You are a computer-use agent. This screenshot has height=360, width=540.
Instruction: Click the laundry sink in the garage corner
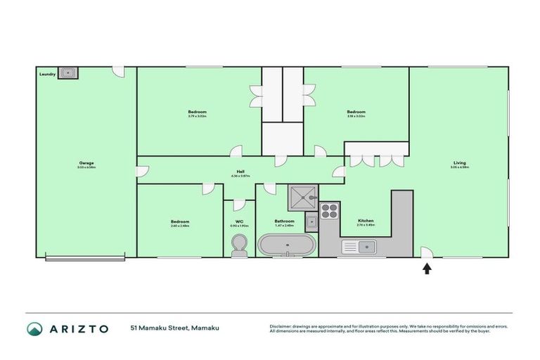click(68, 72)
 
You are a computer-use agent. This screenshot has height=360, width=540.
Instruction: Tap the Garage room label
click(86, 164)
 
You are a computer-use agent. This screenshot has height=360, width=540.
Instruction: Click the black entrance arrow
click(427, 267)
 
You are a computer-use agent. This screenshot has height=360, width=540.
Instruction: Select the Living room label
click(459, 164)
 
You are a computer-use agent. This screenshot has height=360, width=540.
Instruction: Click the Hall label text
click(240, 171)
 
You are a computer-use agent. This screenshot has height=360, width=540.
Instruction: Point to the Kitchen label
click(365, 221)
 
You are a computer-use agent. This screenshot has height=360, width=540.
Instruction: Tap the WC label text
click(239, 221)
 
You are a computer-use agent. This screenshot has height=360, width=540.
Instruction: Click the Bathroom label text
click(284, 221)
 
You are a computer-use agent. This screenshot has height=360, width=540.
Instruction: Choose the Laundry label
click(47, 72)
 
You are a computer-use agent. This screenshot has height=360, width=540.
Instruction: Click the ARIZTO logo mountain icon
click(35, 328)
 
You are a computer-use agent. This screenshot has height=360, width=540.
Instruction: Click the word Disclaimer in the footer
click(281, 326)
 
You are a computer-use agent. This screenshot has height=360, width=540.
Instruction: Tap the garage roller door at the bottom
click(86, 258)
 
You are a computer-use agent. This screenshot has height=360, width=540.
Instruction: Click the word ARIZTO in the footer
click(78, 328)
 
